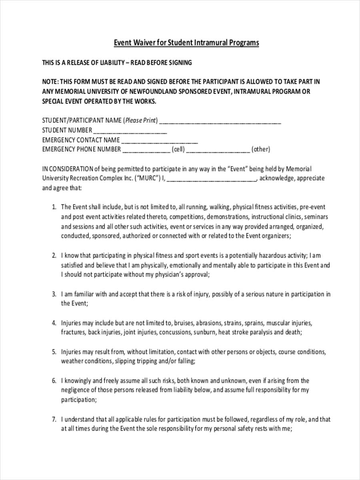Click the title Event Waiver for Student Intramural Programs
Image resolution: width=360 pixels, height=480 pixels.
point(186,42)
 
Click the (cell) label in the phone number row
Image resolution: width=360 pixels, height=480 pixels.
point(178,150)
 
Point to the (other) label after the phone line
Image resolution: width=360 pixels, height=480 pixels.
point(261,150)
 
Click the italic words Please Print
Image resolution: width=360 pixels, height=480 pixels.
point(140,120)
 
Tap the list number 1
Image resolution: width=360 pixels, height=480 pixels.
point(54,207)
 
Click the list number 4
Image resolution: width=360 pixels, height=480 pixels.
point(54,323)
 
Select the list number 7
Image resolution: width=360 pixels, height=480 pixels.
point(54,420)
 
